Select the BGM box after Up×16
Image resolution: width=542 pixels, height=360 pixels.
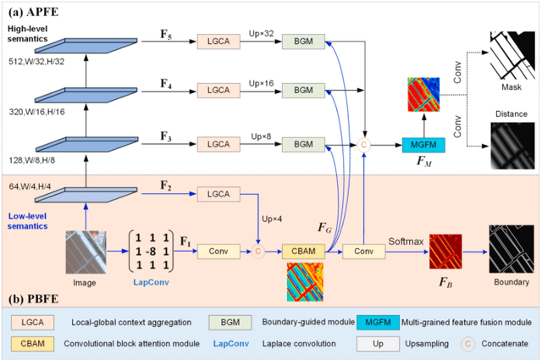303,90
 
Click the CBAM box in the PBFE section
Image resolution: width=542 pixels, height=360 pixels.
305,251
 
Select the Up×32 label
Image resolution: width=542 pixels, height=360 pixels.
260,34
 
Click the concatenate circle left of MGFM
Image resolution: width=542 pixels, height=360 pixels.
364,145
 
